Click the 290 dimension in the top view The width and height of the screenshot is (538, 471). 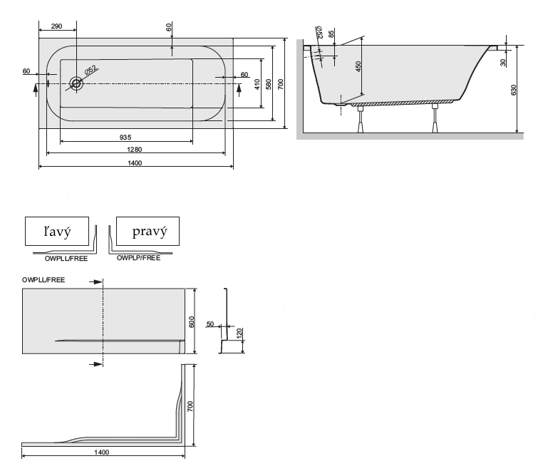56,26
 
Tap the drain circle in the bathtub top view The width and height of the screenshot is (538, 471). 76,83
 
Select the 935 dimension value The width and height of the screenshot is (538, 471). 125,138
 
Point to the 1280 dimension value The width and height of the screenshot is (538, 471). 135,149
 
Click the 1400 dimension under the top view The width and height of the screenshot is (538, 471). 135,163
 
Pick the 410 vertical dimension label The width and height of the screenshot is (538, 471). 257,84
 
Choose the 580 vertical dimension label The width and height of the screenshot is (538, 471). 269,84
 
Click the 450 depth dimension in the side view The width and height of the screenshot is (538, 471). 358,66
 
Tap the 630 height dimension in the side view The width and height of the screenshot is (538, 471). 514,90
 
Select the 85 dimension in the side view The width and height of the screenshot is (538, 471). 331,34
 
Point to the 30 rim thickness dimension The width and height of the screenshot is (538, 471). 503,63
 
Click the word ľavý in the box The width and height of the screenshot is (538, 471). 57,232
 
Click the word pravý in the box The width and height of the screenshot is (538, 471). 150,232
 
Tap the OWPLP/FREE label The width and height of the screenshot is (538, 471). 139,258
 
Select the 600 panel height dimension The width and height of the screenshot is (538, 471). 192,322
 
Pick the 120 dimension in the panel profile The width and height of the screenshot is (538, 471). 239,333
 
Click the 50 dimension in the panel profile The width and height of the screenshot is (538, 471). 210,324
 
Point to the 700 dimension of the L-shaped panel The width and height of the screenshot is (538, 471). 190,406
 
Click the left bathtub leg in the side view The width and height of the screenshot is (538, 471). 361,119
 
